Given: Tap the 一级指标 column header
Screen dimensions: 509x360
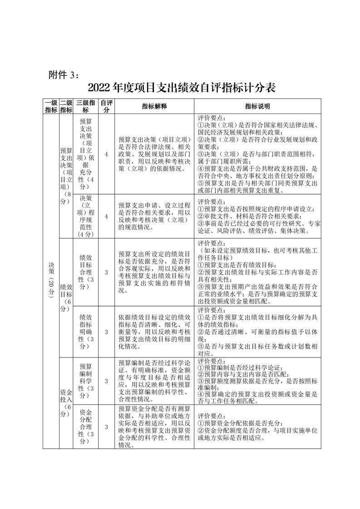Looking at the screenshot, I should tap(50, 106).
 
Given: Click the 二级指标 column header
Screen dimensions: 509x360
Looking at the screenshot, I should tap(66, 106).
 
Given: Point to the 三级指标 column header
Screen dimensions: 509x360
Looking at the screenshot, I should tap(86, 106).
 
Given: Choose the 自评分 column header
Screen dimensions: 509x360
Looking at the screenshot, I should tap(106, 106).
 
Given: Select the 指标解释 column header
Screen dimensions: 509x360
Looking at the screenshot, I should tap(154, 106).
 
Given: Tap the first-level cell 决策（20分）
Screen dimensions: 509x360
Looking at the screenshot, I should tap(50, 281).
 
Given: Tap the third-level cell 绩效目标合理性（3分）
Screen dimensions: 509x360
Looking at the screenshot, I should tap(86, 271).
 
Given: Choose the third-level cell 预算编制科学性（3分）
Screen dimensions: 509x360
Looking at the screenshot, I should tap(86, 381).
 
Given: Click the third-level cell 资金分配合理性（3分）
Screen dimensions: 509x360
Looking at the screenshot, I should tap(86, 426).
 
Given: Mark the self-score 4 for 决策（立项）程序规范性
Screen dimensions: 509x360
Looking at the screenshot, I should tap(106, 216).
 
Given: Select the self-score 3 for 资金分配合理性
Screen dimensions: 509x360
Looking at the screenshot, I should tap(106, 427).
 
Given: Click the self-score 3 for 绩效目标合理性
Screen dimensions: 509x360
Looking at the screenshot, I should tap(106, 272).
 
